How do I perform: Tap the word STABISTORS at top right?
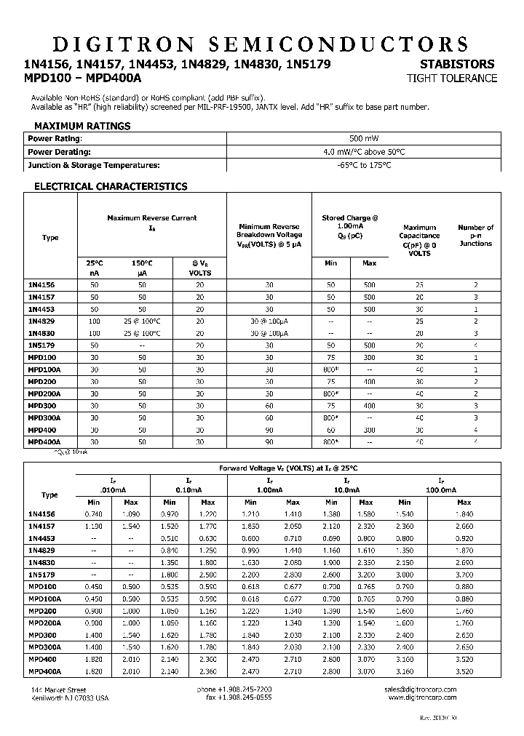(x=457, y=65)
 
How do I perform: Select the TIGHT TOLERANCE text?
(x=452, y=79)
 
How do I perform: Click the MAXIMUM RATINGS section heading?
(x=82, y=126)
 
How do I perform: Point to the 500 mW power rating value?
(x=364, y=138)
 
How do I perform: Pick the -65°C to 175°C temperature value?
(x=364, y=165)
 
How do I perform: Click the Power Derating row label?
(x=59, y=152)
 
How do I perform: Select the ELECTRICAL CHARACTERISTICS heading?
(x=111, y=186)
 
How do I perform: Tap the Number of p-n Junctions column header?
(x=475, y=236)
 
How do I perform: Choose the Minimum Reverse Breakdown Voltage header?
(x=269, y=235)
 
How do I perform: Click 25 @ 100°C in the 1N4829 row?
(x=142, y=321)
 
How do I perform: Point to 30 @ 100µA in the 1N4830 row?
(x=269, y=333)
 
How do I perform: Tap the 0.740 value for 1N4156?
(x=94, y=514)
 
